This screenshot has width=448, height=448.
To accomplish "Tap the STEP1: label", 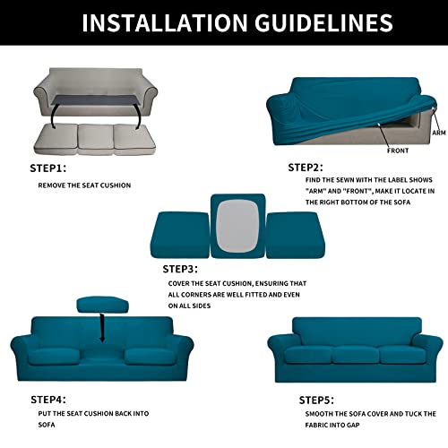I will (x=50, y=167).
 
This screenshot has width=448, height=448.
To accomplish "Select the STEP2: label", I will (x=306, y=167).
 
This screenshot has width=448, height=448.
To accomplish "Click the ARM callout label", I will (x=438, y=132).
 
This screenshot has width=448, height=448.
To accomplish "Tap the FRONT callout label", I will (x=398, y=151).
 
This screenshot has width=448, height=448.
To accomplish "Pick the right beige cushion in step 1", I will (x=142, y=136).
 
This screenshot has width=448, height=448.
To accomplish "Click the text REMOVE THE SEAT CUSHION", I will (x=84, y=185).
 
